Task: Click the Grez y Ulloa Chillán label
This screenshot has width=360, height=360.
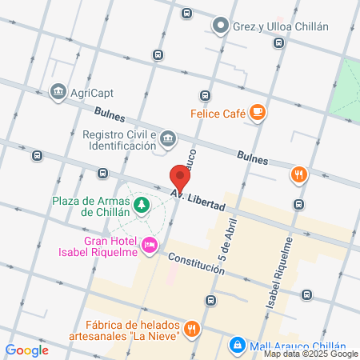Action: (x=280, y=26)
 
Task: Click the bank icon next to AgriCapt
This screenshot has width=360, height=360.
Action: (x=58, y=92)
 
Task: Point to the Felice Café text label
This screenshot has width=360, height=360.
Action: (x=218, y=113)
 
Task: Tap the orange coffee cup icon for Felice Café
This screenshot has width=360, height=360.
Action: (x=257, y=113)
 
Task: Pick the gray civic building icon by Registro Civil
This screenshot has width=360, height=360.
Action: (x=169, y=141)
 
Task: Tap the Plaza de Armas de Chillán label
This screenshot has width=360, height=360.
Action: (x=91, y=206)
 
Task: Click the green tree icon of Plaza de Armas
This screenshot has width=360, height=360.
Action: (x=142, y=206)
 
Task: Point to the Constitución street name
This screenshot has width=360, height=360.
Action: (x=196, y=263)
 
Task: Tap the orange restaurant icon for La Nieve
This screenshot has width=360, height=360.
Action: (x=192, y=328)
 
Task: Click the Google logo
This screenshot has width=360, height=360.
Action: (x=26, y=350)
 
